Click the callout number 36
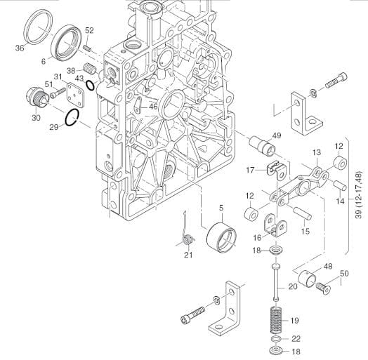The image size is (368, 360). point(20,48)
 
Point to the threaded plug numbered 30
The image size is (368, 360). point(37,98)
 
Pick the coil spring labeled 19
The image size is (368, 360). point(275,320)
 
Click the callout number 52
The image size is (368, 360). point(89,30)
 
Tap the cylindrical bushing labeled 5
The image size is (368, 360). point(221,238)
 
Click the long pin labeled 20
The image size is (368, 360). point(275,283)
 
